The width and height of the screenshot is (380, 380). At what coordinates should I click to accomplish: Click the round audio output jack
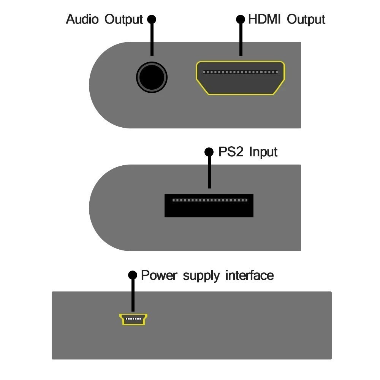[x=152, y=78]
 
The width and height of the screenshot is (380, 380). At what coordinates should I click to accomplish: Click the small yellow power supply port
[x=133, y=320]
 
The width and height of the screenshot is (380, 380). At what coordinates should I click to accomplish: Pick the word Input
[x=263, y=152]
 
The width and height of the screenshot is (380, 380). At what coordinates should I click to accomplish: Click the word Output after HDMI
[x=306, y=19]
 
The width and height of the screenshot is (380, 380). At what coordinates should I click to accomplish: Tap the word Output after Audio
[x=123, y=19]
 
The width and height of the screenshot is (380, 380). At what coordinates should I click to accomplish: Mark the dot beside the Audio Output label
[x=152, y=19]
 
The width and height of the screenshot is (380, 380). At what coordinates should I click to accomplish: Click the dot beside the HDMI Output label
[x=241, y=19]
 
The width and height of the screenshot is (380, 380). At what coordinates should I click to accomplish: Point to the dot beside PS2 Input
[x=209, y=152]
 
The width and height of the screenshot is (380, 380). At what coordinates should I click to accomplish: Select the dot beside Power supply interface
[x=132, y=275]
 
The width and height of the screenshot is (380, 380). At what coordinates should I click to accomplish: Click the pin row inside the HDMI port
[x=240, y=72]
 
